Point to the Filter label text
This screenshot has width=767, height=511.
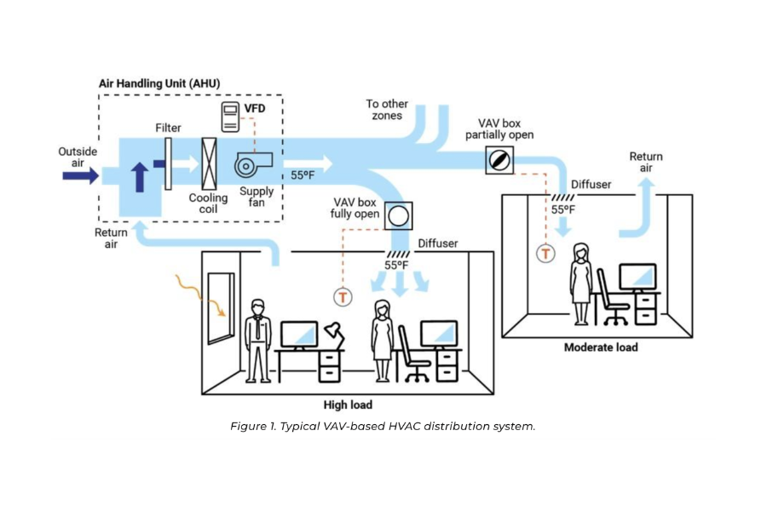pos(169,128)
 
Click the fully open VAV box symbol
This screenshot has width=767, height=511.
pos(397,216)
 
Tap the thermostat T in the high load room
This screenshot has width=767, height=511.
pos(342,296)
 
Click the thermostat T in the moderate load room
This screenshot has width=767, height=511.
pos(545,253)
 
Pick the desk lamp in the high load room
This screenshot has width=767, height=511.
pos(333,335)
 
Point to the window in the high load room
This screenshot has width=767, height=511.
pos(219,307)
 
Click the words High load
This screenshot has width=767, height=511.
pos(348,405)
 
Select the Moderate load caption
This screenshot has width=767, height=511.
pos(601,347)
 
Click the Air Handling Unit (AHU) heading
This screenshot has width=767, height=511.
pos(160,83)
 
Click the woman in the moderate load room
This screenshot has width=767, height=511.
pos(582,283)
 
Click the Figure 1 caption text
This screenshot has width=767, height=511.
pos(383,427)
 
